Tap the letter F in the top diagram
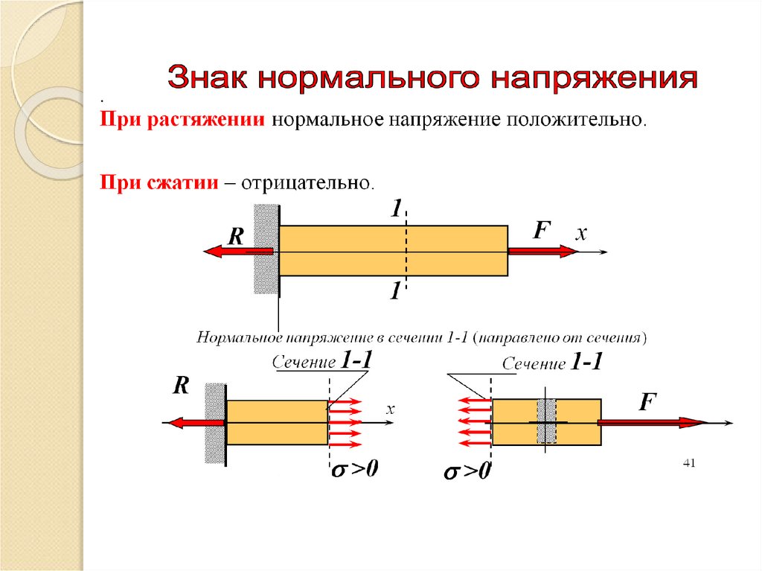coord(540,231)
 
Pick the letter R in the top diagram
coord(236,237)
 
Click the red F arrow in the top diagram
coord(542,252)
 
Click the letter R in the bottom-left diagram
coord(181,386)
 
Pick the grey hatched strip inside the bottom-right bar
coord(547,422)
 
